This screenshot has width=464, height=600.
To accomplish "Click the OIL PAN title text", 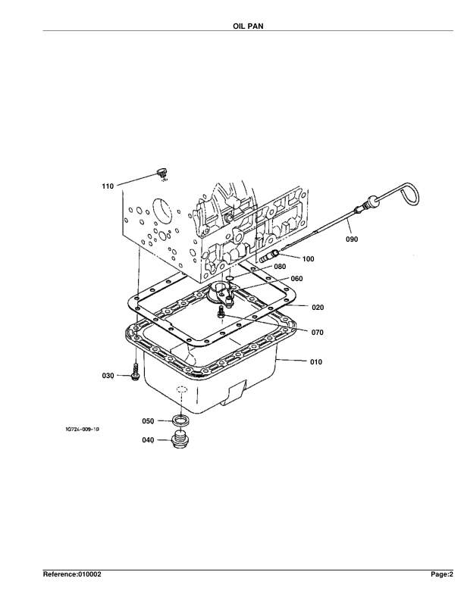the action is [x=248, y=26].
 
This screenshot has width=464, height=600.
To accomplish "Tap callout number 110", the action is [x=108, y=186].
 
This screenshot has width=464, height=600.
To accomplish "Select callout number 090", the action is [x=352, y=239].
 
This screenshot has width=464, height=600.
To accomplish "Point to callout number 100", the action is [x=308, y=259].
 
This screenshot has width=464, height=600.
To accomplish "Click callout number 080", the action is [x=280, y=267].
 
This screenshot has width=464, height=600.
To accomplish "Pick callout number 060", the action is [x=296, y=279].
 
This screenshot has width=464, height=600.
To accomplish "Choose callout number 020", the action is [x=318, y=308].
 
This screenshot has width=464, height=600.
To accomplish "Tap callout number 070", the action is [x=317, y=333].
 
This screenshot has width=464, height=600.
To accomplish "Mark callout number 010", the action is [x=316, y=362].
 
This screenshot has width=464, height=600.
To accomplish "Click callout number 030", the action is [x=108, y=376].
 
